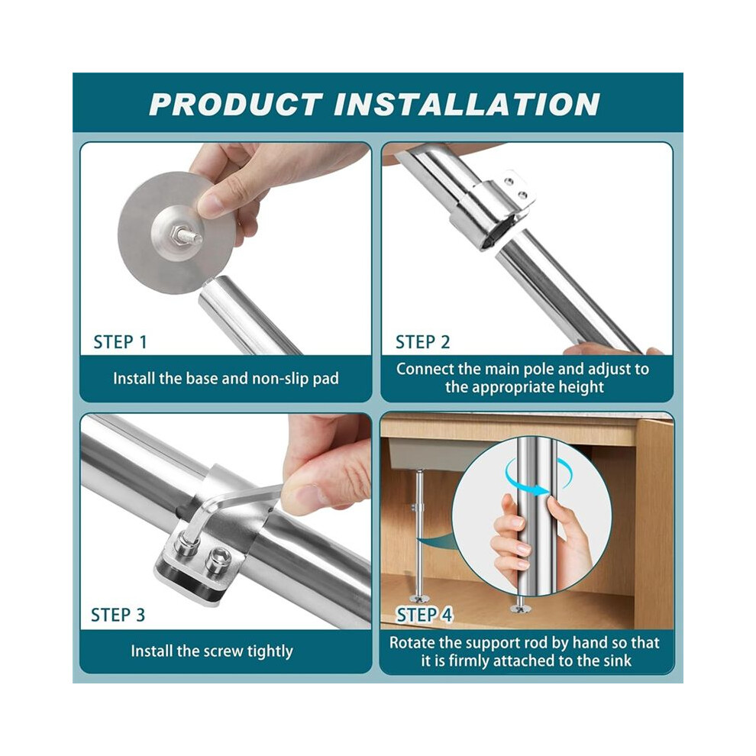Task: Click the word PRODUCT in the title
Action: click(236, 104)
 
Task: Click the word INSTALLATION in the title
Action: click(467, 104)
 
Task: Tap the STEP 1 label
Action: click(120, 342)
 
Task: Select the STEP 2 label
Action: click(422, 342)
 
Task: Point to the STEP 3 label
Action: click(118, 615)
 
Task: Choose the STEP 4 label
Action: click(425, 615)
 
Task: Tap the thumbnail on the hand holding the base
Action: click(210, 203)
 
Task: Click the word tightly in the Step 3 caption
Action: click(270, 651)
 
